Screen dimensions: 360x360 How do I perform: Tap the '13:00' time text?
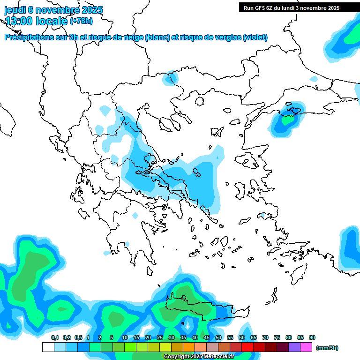18,21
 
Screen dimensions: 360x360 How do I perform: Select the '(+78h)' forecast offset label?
81,21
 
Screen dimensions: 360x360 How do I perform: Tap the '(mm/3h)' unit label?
327,348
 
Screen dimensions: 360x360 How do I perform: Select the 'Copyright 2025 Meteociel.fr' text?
199,356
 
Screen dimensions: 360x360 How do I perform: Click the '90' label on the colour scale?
312,337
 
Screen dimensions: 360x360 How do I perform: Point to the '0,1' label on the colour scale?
54,337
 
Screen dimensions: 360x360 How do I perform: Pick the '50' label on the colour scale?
218,337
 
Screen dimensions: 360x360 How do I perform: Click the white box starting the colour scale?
48,347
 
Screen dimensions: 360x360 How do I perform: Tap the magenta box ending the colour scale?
306,347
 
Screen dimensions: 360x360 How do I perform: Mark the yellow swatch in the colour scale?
165,347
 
